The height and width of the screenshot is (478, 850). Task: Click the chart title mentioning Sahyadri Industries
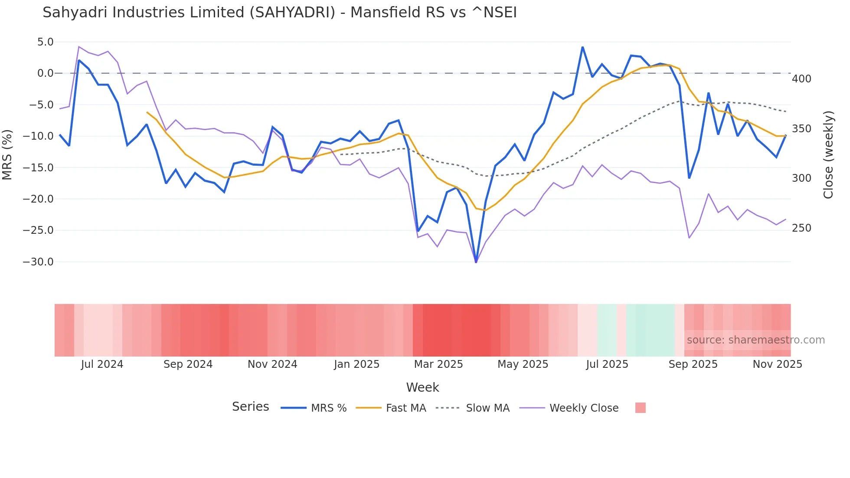[279, 13]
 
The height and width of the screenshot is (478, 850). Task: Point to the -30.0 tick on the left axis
[38, 262]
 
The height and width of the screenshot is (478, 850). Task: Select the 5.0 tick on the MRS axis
[45, 42]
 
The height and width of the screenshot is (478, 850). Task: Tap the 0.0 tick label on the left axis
[45, 73]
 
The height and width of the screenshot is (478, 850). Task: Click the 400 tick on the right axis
[801, 79]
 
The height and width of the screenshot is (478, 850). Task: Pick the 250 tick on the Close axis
[801, 228]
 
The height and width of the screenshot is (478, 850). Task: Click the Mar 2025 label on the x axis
[438, 364]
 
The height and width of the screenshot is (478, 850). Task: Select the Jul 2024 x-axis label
[102, 364]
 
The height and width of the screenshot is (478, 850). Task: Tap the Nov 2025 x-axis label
[777, 364]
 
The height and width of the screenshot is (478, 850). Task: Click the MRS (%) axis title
[7, 154]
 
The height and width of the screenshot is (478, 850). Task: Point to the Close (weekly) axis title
[828, 154]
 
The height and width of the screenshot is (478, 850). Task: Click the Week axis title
[422, 387]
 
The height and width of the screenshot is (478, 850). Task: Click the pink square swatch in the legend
[640, 408]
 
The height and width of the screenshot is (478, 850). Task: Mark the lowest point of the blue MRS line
[476, 262]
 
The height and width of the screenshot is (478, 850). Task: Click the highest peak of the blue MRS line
[582, 47]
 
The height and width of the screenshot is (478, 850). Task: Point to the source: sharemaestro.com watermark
[755, 340]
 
